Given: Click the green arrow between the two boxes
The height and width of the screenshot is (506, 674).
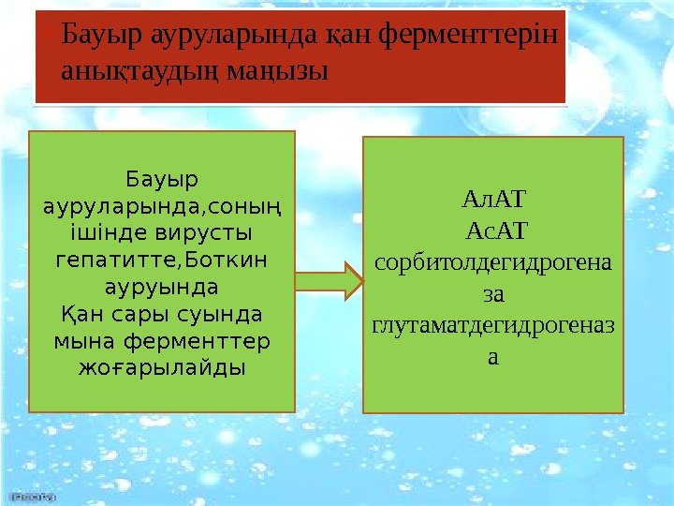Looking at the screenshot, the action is [330, 280].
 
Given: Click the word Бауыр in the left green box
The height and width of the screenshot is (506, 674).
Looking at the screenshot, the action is [162, 177].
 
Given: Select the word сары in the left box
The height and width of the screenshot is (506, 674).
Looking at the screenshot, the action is [139, 311].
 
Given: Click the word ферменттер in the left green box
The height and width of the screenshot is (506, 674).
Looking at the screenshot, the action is [198, 338].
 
